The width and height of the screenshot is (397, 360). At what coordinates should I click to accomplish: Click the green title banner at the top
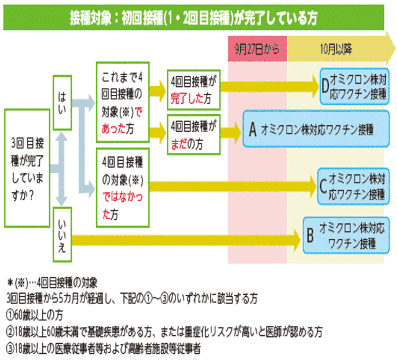(x=194, y=17)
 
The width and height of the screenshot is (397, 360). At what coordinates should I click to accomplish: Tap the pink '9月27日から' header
(x=257, y=49)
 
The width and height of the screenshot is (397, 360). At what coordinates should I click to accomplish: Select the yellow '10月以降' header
(x=341, y=49)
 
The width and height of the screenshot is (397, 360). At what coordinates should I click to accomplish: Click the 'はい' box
(x=62, y=103)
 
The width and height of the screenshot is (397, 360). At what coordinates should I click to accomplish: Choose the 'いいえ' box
(x=62, y=235)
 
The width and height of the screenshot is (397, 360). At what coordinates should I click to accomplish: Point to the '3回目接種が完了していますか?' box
(x=27, y=168)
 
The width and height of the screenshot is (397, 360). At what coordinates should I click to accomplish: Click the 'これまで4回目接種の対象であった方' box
(x=123, y=102)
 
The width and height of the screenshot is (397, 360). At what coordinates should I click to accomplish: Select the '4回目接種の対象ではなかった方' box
(x=123, y=187)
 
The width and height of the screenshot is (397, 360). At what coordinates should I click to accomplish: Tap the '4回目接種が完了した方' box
(x=194, y=90)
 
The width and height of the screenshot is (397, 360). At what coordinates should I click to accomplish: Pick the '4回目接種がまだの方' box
(x=194, y=135)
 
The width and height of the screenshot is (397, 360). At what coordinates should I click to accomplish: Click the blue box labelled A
(x=316, y=128)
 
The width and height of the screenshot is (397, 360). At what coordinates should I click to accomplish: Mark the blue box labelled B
(x=346, y=235)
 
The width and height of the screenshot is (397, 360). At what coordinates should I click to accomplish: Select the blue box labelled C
(x=354, y=186)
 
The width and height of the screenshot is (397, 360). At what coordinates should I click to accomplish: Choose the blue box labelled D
(x=354, y=86)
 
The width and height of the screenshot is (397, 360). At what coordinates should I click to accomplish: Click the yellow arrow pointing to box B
(x=186, y=240)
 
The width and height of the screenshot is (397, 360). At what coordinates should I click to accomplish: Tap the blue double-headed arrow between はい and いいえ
(x=61, y=169)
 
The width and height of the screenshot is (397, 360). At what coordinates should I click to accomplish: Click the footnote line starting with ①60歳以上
(x=35, y=315)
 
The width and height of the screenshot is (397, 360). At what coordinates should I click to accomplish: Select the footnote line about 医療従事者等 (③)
(x=104, y=349)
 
